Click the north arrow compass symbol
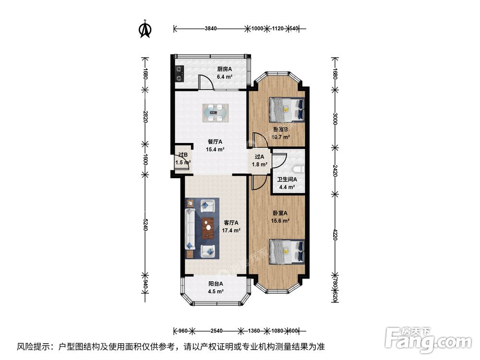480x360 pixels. [x=145, y=29]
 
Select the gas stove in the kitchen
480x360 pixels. [x=180, y=73]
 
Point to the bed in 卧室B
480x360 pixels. [x=287, y=109]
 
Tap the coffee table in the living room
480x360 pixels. [x=208, y=228]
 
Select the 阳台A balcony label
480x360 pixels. [x=216, y=284]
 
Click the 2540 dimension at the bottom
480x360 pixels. [x=216, y=331]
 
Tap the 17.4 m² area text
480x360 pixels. [x=231, y=230]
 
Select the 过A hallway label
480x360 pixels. [x=259, y=156]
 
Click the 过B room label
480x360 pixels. [x=182, y=155]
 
